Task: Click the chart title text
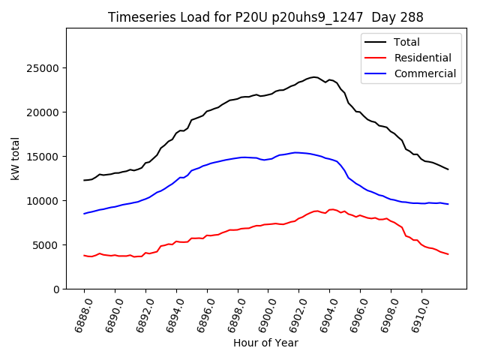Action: pos(265,17)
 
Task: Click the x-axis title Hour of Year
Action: pos(265,343)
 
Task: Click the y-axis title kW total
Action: pos(16,159)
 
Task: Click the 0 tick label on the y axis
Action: pos(57,289)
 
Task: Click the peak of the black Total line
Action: pos(313,76)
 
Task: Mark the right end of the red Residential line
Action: pos(448,254)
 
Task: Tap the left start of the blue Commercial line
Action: pos(84,214)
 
